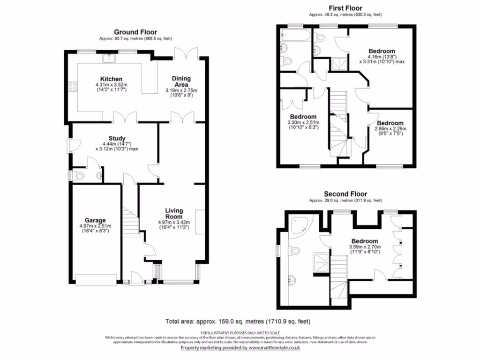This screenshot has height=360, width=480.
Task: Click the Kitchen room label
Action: tap(111, 79)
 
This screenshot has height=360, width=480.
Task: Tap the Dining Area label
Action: tap(181, 82)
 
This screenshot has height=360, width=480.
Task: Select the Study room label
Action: tap(117, 138)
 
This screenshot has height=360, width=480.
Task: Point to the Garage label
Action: tap(95, 220)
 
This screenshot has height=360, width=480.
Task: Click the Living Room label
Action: tap(173, 214)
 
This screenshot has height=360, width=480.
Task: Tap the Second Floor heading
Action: tap(346, 194)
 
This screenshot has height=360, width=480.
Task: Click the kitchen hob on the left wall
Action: tap(73, 86)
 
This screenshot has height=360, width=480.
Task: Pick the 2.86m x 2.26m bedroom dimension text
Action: tap(390, 128)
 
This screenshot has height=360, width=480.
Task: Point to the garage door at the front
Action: tap(96, 280)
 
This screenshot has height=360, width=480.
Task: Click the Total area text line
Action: tap(238, 322)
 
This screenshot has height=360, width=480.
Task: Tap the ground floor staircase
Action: tap(131, 223)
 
